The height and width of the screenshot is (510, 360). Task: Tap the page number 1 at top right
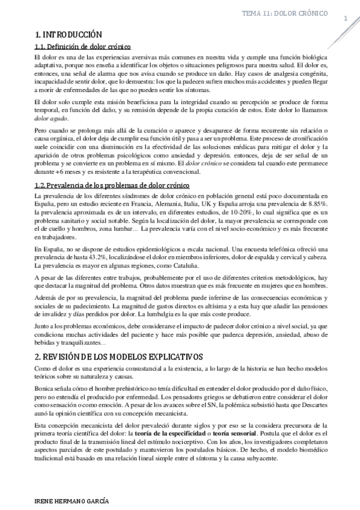click(x=346, y=19)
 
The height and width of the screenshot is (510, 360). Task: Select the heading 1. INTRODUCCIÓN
click(x=69, y=34)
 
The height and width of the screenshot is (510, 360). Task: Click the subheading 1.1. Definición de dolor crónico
click(x=83, y=46)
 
